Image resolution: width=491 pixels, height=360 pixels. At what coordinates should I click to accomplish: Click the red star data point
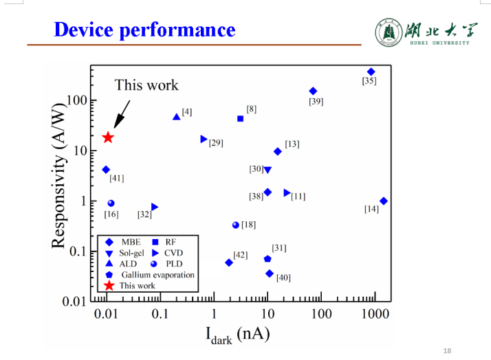108,137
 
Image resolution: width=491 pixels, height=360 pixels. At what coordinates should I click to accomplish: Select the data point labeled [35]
371,71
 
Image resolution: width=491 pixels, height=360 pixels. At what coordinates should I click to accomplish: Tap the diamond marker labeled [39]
313,91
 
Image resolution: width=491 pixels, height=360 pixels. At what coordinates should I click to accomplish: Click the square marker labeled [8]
240,118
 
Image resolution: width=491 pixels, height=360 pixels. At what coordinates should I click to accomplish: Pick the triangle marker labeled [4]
176,116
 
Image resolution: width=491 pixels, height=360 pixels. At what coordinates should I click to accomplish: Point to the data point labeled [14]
383,201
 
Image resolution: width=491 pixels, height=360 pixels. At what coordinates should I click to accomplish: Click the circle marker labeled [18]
236,225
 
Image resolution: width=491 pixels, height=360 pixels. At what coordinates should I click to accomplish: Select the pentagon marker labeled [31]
268,258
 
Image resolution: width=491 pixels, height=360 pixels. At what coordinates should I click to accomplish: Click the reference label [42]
240,255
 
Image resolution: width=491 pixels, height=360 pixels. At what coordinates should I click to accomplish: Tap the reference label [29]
216,143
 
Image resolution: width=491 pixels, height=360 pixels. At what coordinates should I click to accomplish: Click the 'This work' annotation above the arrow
146,85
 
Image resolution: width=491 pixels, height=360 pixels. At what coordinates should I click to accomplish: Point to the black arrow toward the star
121,114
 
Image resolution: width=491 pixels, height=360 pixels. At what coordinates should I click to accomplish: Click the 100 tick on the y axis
77,100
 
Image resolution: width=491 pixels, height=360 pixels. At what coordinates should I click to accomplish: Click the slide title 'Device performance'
144,30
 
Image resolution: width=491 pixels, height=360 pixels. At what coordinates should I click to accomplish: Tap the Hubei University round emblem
388,32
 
